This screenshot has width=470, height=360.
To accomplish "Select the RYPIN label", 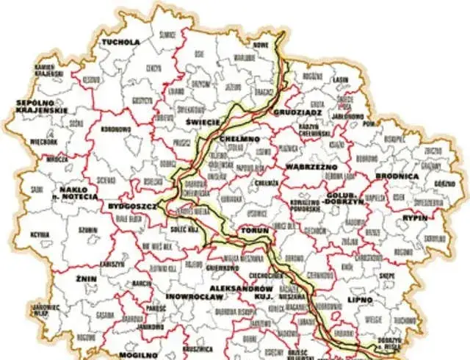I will pos(415,218).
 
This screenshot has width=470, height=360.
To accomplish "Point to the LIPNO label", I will pos(359,300).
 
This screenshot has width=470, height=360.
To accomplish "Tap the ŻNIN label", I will pos(86,280).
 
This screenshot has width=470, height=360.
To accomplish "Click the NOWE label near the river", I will pos(261,45).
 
